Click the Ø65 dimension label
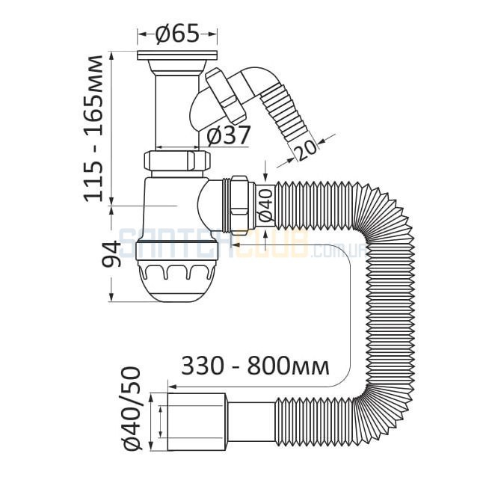click(177, 34)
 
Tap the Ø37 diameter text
click(228, 135)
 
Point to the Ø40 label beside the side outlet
click(265, 206)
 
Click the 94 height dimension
click(111, 254)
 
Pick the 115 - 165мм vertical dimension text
click(93, 129)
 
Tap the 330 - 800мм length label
click(255, 366)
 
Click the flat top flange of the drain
click(177, 55)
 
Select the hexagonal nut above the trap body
click(177, 161)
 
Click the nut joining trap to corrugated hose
click(239, 203)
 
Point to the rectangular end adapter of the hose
click(196, 422)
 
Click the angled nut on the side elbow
click(226, 93)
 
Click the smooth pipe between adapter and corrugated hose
click(250, 422)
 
